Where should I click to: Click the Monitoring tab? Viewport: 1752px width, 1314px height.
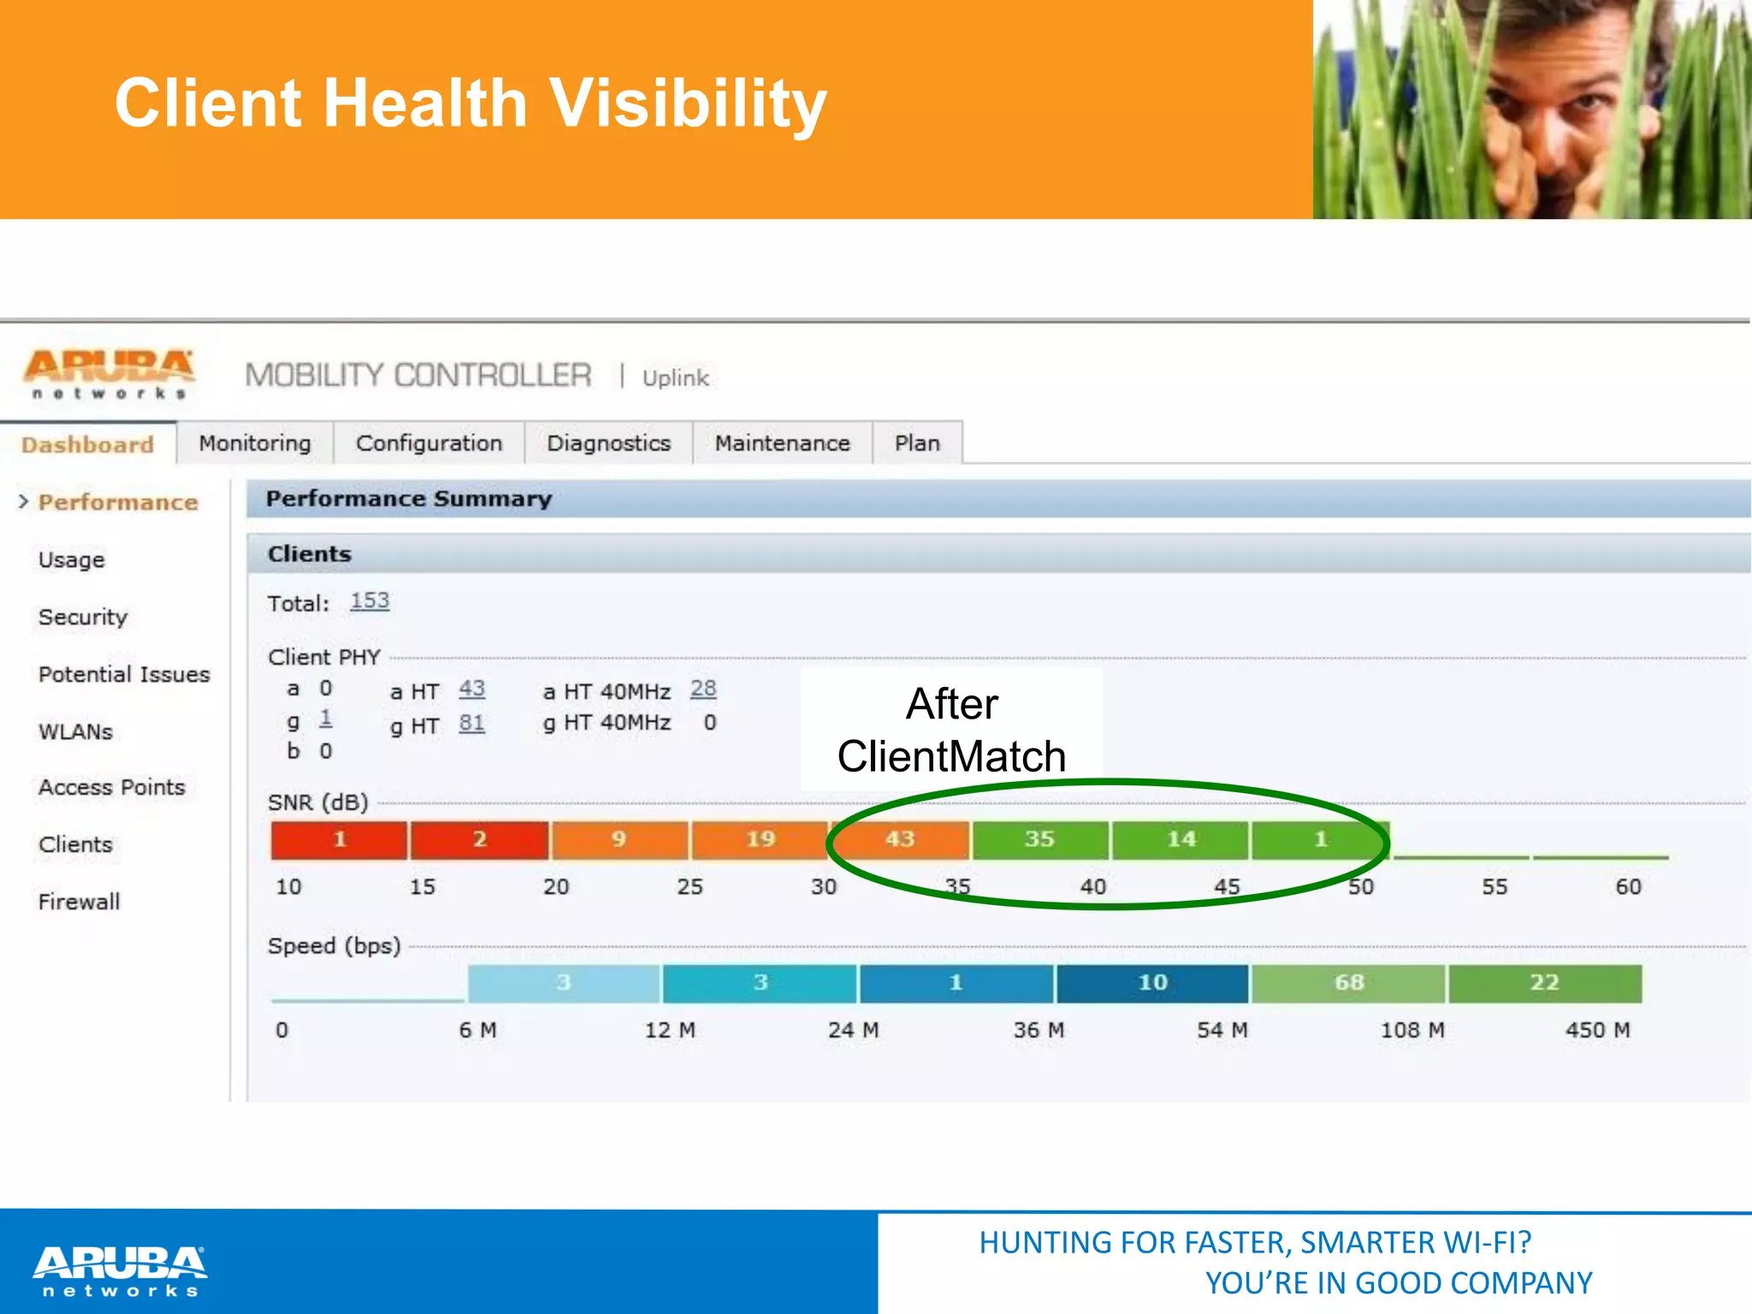[255, 443]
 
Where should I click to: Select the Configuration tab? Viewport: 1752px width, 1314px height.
[429, 443]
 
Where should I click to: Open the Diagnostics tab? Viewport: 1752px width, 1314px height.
[608, 443]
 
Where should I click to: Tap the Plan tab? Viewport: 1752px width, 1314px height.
[917, 443]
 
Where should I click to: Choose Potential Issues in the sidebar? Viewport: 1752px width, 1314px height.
[124, 674]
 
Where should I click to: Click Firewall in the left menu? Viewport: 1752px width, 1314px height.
[79, 902]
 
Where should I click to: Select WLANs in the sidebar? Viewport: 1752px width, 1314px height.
[75, 731]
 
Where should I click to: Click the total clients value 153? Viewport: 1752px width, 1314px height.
[370, 601]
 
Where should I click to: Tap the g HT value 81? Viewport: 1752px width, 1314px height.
[471, 724]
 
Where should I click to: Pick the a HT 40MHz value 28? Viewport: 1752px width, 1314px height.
[703, 689]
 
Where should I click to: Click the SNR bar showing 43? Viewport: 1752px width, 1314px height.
[900, 839]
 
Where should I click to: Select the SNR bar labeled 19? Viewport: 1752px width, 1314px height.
[760, 839]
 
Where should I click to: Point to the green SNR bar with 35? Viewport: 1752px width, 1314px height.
[1039, 839]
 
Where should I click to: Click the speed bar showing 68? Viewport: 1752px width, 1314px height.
[1348, 983]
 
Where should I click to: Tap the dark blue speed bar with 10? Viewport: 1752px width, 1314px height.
[1152, 983]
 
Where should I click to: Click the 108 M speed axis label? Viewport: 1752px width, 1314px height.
[1412, 1030]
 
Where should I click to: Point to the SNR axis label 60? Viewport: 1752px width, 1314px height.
[1628, 887]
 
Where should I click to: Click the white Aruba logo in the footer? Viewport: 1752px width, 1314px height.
[120, 1270]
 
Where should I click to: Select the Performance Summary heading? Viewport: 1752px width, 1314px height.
[409, 499]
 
